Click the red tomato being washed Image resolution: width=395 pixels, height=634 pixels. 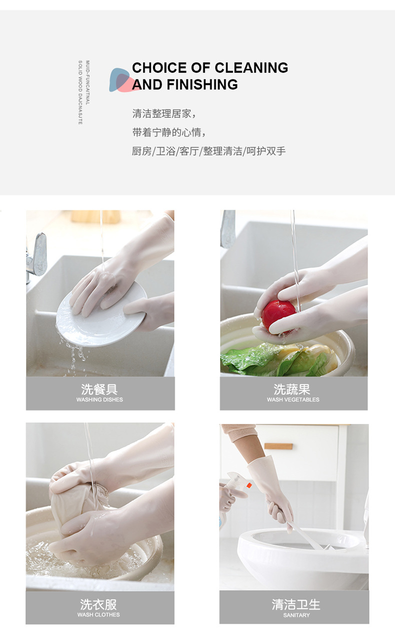(277, 313)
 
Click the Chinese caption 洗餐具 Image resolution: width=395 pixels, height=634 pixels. (99, 389)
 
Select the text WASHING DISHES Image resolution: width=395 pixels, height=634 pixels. (99, 400)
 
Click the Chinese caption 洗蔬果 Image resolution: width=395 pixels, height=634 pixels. (292, 389)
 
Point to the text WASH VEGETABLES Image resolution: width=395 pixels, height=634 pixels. (293, 400)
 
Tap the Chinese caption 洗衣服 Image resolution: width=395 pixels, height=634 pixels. (98, 605)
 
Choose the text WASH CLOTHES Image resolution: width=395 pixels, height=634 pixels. (98, 615)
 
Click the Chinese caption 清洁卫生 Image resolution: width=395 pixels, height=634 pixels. (296, 605)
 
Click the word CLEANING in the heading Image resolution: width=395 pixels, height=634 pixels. (251, 68)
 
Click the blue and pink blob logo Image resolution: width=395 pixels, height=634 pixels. (121, 80)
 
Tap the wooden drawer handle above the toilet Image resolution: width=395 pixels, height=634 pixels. (278, 446)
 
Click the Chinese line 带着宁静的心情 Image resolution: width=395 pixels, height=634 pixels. (169, 132)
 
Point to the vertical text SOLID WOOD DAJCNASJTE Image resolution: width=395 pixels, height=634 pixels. (80, 92)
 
